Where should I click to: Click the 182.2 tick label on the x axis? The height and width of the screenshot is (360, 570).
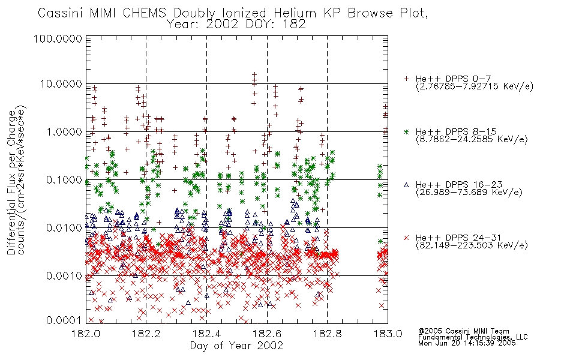click(x=146, y=334)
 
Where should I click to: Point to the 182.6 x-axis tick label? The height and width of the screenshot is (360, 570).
click(x=267, y=334)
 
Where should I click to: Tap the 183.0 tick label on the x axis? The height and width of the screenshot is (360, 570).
click(x=388, y=334)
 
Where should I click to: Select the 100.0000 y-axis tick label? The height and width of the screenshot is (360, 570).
click(x=58, y=38)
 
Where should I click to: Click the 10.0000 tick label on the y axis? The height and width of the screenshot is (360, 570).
click(x=61, y=84)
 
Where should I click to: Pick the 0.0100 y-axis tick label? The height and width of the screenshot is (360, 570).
click(x=64, y=228)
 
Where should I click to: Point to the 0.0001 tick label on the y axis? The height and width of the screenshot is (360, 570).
click(x=64, y=320)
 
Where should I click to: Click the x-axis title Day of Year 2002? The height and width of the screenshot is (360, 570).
click(x=236, y=346)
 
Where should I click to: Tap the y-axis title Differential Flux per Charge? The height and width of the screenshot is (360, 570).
click(x=11, y=182)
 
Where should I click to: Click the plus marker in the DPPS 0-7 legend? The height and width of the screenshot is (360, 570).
click(x=406, y=79)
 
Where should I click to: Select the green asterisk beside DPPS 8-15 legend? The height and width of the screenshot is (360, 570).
click(x=406, y=131)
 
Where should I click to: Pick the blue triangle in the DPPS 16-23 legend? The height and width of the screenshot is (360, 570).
click(x=406, y=185)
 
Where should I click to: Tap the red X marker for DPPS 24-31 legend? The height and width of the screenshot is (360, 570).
click(x=406, y=238)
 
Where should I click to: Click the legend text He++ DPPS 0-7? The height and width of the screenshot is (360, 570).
click(x=454, y=79)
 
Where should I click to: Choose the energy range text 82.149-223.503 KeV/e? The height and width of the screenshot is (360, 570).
click(x=472, y=245)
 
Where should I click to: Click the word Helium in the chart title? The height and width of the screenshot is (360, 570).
click(x=295, y=13)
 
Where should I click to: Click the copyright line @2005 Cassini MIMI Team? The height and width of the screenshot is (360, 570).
click(x=463, y=331)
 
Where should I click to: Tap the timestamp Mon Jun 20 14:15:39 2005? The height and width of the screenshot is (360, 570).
click(x=467, y=343)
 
